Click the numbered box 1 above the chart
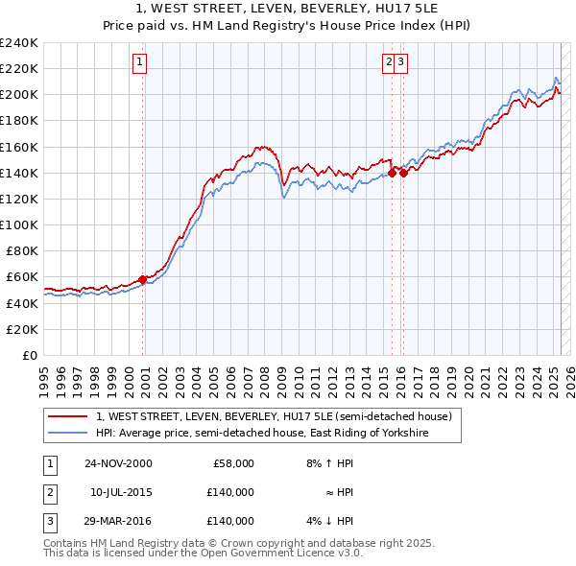pyautogui.click(x=139, y=63)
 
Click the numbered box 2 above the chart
pyautogui.click(x=390, y=63)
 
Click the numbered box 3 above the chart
pyautogui.click(x=401, y=63)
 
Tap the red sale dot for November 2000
pyautogui.click(x=143, y=279)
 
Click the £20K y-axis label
pyautogui.click(x=23, y=329)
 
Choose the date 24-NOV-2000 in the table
pyautogui.click(x=118, y=463)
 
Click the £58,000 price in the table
pyautogui.click(x=233, y=463)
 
